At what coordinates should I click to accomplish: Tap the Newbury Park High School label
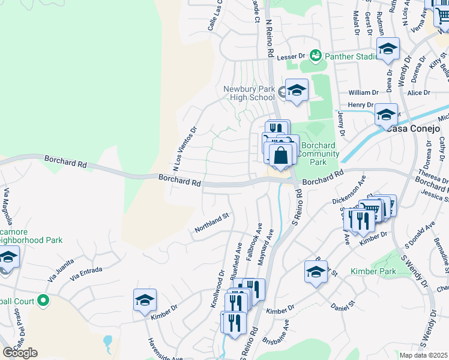tap(249, 93)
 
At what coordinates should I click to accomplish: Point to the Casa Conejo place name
tap(414, 128)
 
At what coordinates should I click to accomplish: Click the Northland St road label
tap(212, 224)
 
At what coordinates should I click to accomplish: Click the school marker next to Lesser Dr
tap(388, 49)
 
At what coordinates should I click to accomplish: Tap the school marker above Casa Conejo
tap(386, 114)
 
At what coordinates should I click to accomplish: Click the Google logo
tap(20, 353)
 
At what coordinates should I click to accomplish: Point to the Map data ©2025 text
tap(423, 355)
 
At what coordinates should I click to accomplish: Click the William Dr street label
tap(364, 92)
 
